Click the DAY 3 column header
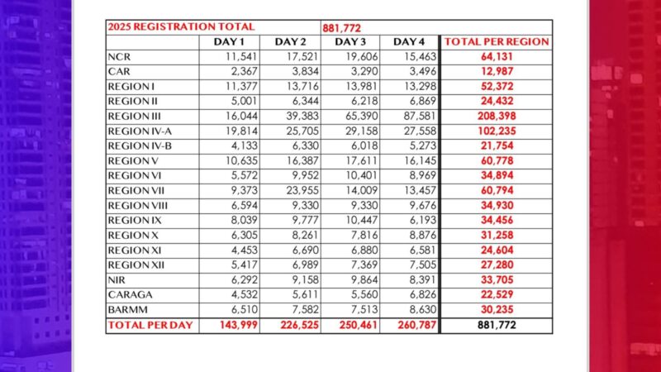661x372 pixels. click(x=350, y=42)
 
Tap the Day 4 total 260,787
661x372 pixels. click(x=411, y=325)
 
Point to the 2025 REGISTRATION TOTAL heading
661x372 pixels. click(x=162, y=27)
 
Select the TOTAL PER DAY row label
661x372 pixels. click(x=150, y=325)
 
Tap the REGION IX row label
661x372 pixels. click(x=135, y=221)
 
